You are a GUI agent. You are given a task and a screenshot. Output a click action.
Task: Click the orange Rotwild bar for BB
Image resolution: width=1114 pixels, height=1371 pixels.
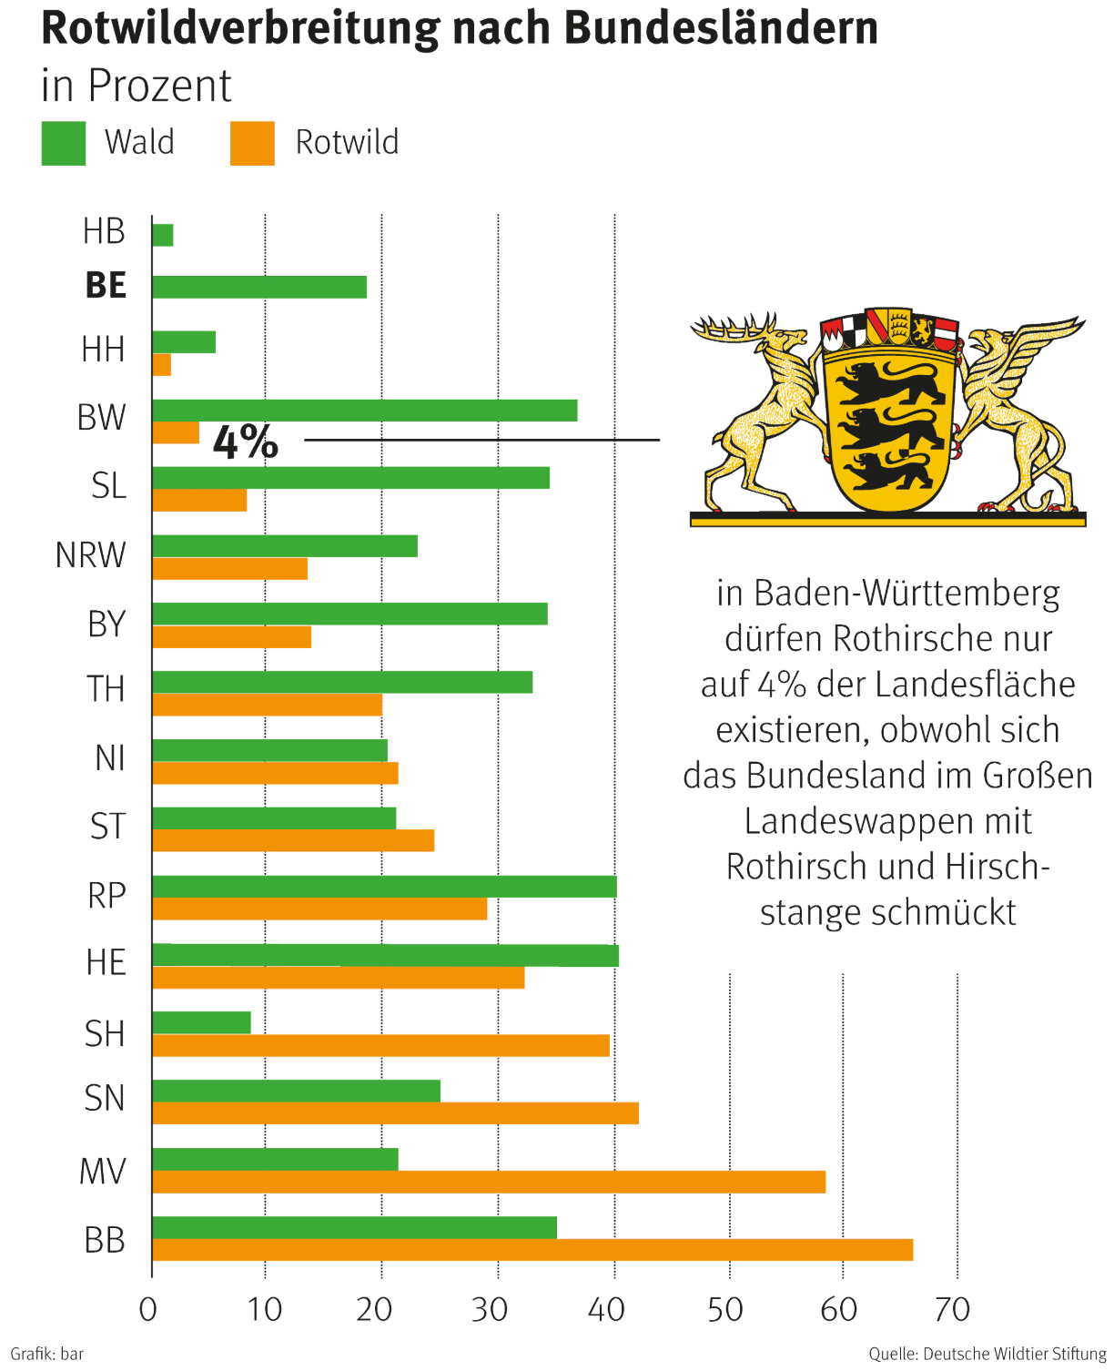(x=532, y=1250)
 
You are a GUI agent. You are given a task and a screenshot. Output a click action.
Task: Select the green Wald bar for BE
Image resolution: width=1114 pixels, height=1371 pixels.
(x=259, y=287)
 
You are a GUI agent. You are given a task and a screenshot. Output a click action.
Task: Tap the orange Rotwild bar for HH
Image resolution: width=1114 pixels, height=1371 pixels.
(x=161, y=365)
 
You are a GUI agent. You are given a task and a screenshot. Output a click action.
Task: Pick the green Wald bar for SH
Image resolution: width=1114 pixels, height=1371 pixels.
(x=201, y=1022)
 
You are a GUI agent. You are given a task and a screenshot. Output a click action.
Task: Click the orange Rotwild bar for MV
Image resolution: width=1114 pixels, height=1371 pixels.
(x=489, y=1182)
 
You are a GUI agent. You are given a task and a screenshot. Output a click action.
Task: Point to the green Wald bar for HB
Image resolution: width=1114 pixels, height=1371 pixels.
(x=162, y=235)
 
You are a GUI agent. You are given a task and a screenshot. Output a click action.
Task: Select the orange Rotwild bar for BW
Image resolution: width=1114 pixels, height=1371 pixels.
(x=176, y=433)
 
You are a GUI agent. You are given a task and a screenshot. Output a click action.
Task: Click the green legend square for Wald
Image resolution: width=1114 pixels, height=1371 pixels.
(x=64, y=144)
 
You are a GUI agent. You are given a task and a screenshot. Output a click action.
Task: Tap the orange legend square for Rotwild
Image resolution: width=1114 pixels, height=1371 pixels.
(x=252, y=144)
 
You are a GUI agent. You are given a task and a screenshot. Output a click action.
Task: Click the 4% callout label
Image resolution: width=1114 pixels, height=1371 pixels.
(x=246, y=442)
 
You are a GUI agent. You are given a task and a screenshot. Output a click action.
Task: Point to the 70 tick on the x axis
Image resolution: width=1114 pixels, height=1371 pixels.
(x=953, y=1309)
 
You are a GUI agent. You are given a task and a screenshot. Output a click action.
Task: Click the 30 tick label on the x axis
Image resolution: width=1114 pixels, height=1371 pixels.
(x=490, y=1309)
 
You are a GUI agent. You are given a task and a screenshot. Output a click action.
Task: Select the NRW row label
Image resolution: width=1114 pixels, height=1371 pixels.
(x=90, y=554)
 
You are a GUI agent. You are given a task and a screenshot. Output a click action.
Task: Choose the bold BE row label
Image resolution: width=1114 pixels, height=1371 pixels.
(x=106, y=286)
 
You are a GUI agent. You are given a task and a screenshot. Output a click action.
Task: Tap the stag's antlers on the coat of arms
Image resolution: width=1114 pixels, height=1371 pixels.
(x=734, y=328)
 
